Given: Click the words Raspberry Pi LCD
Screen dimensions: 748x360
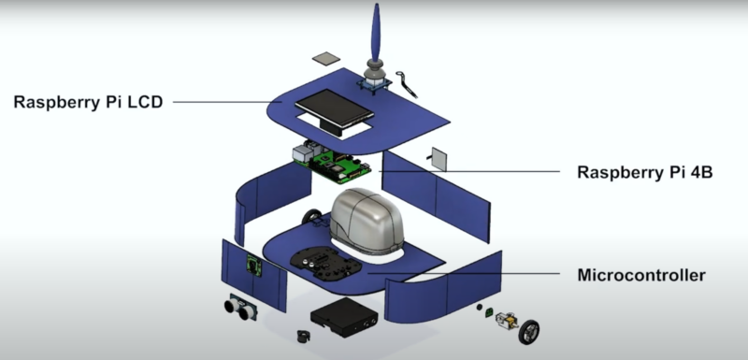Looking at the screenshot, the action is pyautogui.click(x=88, y=101).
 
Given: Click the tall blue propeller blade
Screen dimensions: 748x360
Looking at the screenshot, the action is pyautogui.click(x=376, y=34).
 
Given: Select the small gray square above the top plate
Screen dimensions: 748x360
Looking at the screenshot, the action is pyautogui.click(x=326, y=58).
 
